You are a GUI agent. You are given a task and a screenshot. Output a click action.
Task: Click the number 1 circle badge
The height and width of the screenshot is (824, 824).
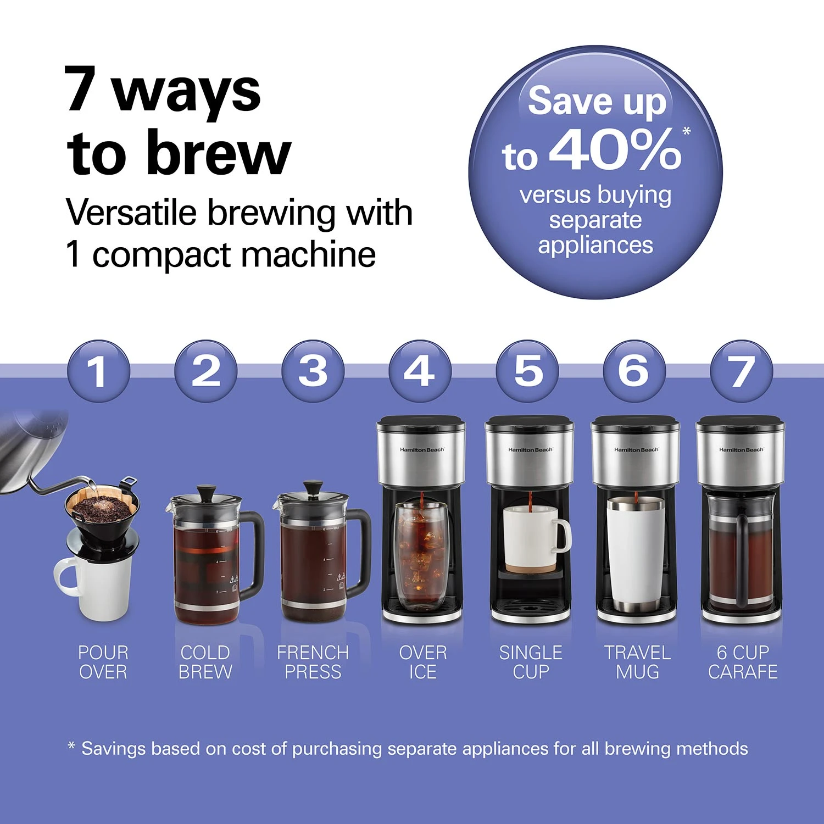[x=98, y=371]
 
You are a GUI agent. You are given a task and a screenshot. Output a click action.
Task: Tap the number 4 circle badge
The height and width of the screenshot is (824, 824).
[x=420, y=371]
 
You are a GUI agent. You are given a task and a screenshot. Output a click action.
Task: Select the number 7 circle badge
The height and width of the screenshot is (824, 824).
[x=741, y=371]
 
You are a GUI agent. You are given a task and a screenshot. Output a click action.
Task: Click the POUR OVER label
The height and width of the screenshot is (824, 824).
[x=103, y=662]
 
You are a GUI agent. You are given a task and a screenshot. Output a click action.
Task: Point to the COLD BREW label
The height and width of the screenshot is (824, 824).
[x=205, y=662]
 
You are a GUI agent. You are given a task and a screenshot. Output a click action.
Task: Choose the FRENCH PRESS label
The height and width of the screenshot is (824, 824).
[x=313, y=662]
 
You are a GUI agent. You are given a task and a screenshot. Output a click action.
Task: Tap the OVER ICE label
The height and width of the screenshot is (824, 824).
[x=422, y=662]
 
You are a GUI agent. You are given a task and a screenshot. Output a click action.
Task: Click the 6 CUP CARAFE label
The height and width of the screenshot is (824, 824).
[x=743, y=662]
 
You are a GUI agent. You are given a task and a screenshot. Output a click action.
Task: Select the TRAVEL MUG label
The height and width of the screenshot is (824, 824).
[x=637, y=662]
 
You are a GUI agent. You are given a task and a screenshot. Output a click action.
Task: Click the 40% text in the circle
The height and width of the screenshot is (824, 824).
[x=615, y=150]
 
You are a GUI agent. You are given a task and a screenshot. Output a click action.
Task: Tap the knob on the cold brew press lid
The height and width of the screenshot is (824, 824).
[x=207, y=491]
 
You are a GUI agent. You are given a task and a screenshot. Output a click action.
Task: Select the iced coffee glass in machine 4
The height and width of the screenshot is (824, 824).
[x=422, y=555]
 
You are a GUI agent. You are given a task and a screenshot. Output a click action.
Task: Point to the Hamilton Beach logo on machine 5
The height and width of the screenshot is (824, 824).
[x=530, y=450]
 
